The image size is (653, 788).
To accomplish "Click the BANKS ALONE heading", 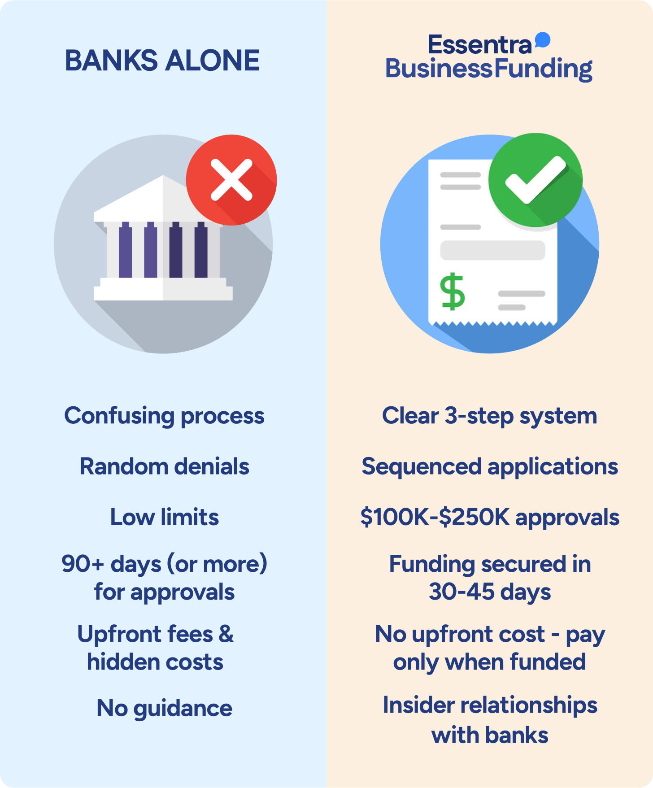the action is [162, 61].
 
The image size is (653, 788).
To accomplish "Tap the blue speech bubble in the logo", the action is [543, 40].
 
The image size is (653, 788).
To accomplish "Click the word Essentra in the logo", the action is [479, 45].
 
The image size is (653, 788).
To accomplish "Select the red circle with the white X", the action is [231, 180].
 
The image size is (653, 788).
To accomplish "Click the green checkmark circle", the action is [535, 180].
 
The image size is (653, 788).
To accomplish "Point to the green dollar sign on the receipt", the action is [452, 292].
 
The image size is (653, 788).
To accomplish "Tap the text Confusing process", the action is [164, 416].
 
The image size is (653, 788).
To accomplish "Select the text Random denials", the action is [164, 466].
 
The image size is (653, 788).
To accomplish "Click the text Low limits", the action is [164, 517].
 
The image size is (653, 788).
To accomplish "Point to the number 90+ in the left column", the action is [83, 564].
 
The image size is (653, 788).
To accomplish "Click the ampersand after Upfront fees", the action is [226, 634].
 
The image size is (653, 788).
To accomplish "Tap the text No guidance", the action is [164, 709].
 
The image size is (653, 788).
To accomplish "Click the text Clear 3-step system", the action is [489, 416].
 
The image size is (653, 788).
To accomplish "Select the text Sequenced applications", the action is [489, 466].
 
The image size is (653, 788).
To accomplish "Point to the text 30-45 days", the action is [489, 592].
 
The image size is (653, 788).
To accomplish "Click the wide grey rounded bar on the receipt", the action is [492, 250].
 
